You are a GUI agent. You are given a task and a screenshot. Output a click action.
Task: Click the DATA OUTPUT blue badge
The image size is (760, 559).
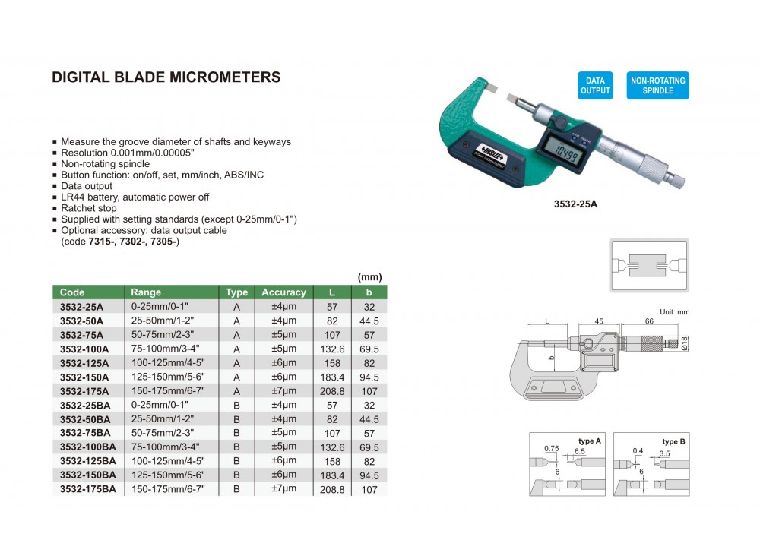595,86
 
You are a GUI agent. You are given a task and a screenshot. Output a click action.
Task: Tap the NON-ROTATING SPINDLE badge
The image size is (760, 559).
657,86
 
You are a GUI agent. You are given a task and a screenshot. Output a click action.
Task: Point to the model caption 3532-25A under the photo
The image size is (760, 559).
575,204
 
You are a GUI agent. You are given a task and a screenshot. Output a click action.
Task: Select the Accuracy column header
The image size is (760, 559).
283,292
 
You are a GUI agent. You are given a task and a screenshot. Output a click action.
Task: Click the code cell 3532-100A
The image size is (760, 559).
84,349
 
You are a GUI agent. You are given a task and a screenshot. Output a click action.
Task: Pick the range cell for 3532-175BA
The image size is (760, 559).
168,489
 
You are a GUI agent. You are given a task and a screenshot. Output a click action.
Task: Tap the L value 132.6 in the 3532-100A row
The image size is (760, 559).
332,349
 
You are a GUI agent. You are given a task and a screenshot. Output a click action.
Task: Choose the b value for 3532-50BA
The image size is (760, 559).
369,419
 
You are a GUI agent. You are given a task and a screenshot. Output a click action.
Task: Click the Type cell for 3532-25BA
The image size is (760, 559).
236,406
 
